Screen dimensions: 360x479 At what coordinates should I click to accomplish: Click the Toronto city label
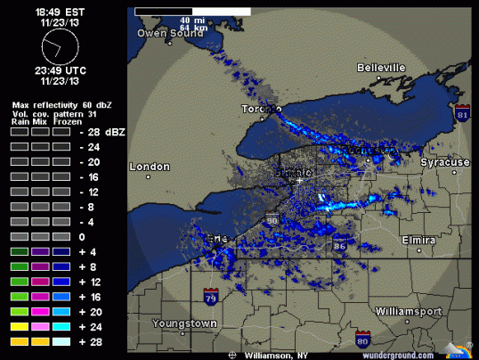[262, 110]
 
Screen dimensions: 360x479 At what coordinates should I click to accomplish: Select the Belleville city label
[381, 68]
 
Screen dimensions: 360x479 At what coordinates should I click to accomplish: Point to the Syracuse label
[445, 163]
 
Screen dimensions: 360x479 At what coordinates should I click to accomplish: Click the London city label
[150, 167]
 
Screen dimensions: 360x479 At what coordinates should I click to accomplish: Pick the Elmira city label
[417, 241]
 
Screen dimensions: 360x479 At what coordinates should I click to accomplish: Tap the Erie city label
[216, 239]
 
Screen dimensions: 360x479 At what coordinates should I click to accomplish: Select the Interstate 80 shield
[362, 338]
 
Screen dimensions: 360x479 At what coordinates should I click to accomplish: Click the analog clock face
[60, 42]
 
